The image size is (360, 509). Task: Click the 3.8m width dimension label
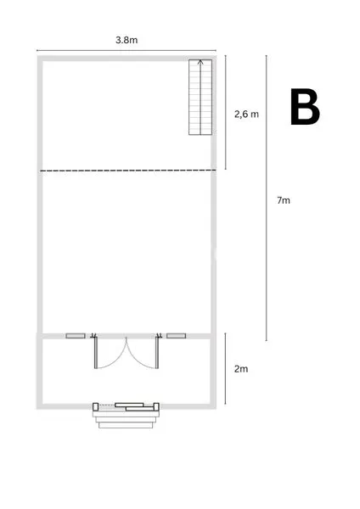(x=127, y=40)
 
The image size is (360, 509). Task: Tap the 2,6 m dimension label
(x=246, y=114)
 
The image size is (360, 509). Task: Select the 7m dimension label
(x=284, y=200)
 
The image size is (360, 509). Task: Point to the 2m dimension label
(x=241, y=369)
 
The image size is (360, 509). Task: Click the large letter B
(x=305, y=107)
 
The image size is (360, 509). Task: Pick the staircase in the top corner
(x=200, y=97)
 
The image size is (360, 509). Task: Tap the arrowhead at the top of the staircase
(x=200, y=62)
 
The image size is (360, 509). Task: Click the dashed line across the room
(x=128, y=171)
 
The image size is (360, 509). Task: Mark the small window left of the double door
(x=76, y=336)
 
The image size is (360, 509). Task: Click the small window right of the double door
(x=176, y=336)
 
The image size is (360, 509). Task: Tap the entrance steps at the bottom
(x=126, y=420)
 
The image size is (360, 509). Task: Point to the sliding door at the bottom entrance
(x=134, y=406)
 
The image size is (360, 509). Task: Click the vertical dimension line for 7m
(x=267, y=198)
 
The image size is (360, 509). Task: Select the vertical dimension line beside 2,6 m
(x=226, y=112)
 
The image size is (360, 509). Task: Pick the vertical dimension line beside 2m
(x=226, y=368)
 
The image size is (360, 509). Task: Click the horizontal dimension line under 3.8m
(x=127, y=50)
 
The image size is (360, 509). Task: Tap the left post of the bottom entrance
(x=96, y=406)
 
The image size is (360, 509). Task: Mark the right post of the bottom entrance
(x=156, y=406)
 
